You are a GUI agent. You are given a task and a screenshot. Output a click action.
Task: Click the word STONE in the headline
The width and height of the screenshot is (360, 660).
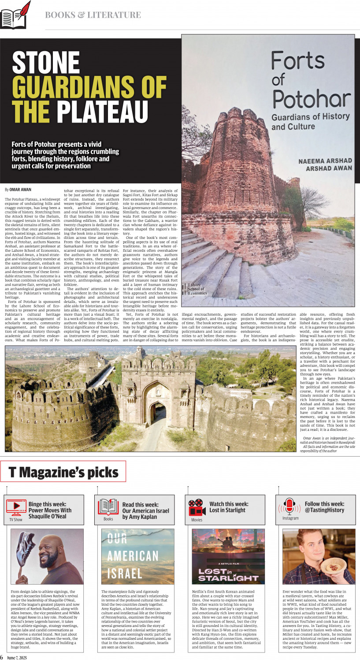tap(45, 63)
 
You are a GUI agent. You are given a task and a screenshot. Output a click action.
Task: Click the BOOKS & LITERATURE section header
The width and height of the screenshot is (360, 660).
tap(93, 15)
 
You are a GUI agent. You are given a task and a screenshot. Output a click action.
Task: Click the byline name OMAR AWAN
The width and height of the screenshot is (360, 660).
tap(20, 190)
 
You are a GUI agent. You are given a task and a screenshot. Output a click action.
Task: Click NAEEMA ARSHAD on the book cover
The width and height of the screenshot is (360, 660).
tap(325, 161)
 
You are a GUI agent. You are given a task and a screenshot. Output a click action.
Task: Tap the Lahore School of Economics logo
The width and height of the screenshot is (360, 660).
tap(196, 289)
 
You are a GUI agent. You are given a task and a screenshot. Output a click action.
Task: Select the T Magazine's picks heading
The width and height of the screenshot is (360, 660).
tap(63, 473)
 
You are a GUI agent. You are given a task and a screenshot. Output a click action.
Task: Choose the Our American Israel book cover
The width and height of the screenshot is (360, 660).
tap(137, 556)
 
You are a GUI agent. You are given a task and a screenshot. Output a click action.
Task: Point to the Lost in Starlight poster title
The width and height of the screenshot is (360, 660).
tap(228, 574)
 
